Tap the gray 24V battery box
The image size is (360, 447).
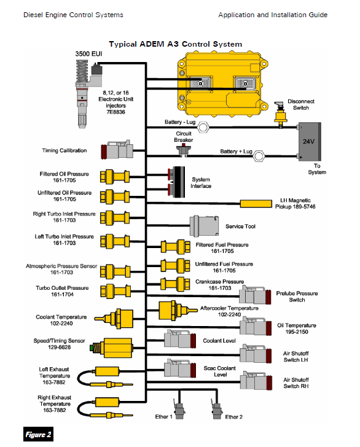pyautogui.click(x=310, y=142)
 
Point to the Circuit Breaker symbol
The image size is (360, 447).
pyautogui.click(x=183, y=150)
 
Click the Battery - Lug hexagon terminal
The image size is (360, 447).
pyautogui.click(x=203, y=127)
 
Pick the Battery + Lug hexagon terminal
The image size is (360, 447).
pyautogui.click(x=259, y=156)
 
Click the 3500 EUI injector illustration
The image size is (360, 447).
pyautogui.click(x=88, y=94)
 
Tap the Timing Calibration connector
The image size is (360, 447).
pyautogui.click(x=117, y=150)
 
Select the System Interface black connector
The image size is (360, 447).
pyautogui.click(x=176, y=182)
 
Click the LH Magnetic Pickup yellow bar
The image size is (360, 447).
pyautogui.click(x=256, y=204)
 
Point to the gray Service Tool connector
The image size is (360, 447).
pyautogui.click(x=204, y=226)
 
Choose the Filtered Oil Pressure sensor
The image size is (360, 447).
pyautogui.click(x=115, y=176)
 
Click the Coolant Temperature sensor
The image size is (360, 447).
pyautogui.click(x=114, y=319)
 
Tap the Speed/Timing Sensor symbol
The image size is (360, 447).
pyautogui.click(x=111, y=348)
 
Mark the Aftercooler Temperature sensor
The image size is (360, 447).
pyautogui.click(x=178, y=310)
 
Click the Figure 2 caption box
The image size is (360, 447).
pyautogui.click(x=38, y=434)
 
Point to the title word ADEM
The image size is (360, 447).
pyautogui.click(x=152, y=44)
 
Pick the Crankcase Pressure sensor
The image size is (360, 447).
pyautogui.click(x=176, y=284)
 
